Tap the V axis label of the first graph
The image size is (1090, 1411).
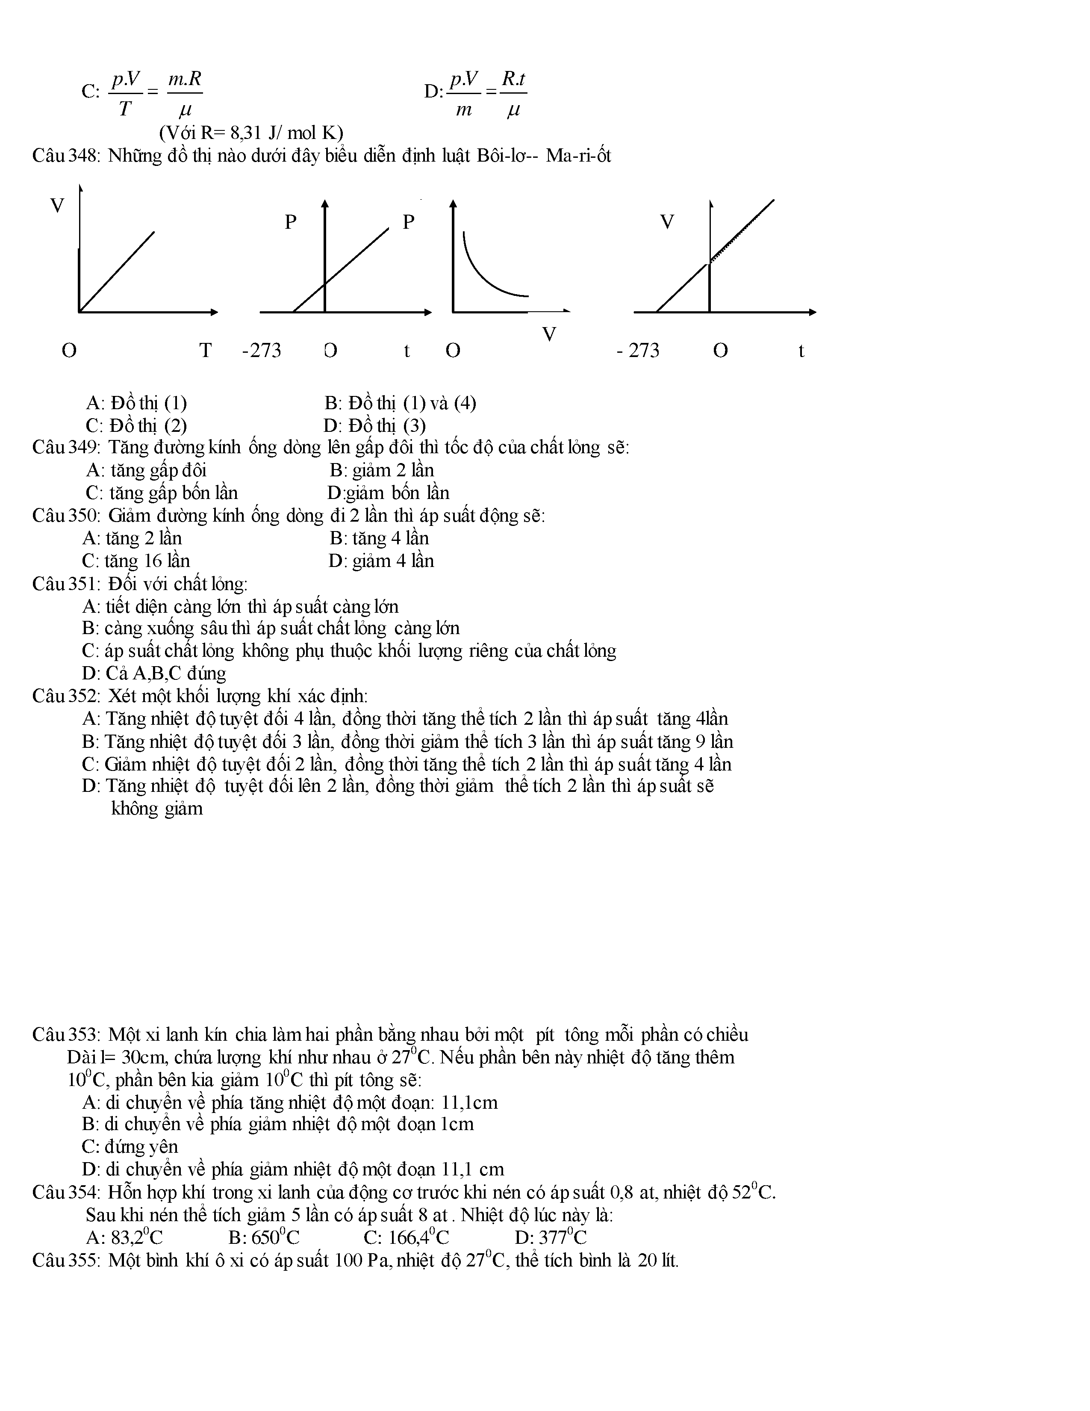coord(57,206)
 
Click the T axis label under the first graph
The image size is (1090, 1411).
coord(205,350)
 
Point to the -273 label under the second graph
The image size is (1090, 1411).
coord(262,350)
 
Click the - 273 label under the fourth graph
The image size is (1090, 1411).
coord(638,350)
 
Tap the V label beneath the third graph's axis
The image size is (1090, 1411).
coord(549,334)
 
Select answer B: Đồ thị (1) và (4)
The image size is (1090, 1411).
coord(401,403)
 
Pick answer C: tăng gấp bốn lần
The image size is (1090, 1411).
coord(162,493)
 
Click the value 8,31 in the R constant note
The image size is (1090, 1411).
coord(245,133)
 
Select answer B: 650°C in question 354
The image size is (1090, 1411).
coord(264,1237)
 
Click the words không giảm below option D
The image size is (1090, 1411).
coord(157,809)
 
